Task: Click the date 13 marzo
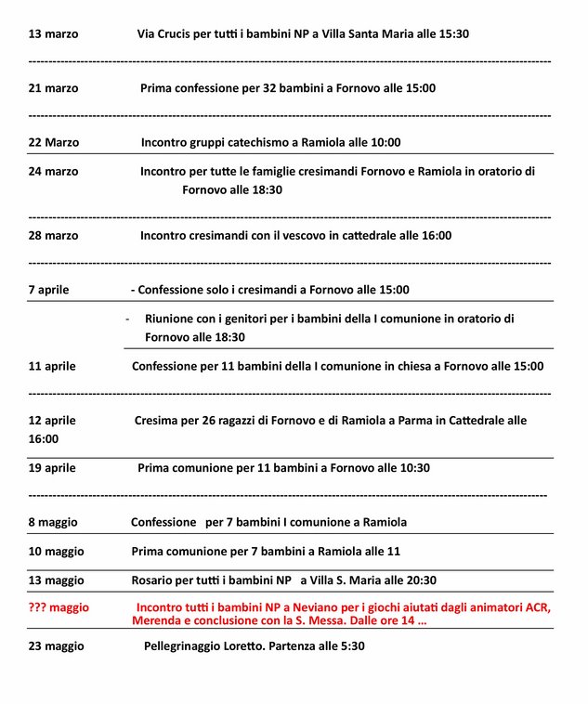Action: tap(54, 34)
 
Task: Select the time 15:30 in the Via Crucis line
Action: tap(451, 34)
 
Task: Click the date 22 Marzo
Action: tap(54, 143)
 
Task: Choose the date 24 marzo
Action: tap(54, 171)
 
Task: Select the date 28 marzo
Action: tap(54, 235)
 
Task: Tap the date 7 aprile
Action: tap(48, 290)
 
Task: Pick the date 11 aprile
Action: tap(52, 366)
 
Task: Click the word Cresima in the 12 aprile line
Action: tap(155, 421)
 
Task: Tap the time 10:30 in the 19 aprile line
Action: tap(412, 468)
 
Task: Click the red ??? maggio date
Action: tap(59, 607)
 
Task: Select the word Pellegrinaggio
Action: tap(188, 645)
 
